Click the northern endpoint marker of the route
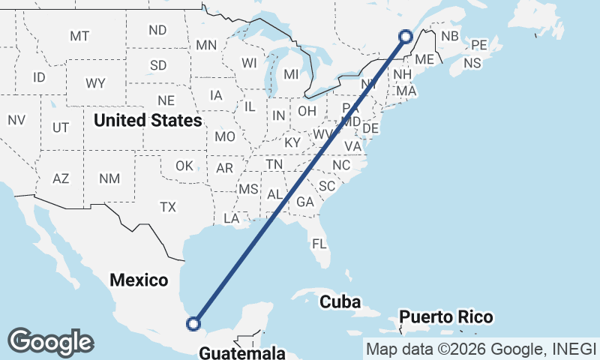pyautogui.click(x=406, y=36)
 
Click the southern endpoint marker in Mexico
pyautogui.click(x=193, y=324)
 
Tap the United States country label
pyautogui.click(x=148, y=120)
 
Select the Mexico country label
pyautogui.click(x=139, y=280)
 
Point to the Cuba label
pyautogui.click(x=340, y=302)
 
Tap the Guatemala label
pyautogui.click(x=243, y=352)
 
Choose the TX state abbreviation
pyautogui.click(x=168, y=206)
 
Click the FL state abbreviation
pyautogui.click(x=319, y=244)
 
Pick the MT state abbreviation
pyautogui.click(x=79, y=36)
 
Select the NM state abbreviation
pyautogui.click(x=109, y=178)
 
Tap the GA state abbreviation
pyautogui.click(x=304, y=202)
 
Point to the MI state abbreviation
pyautogui.click(x=291, y=74)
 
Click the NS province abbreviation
pyautogui.click(x=472, y=64)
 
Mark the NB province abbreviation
pyautogui.click(x=449, y=36)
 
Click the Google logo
pyautogui.click(x=50, y=341)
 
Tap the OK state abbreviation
pyautogui.click(x=184, y=166)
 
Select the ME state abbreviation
pyautogui.click(x=424, y=59)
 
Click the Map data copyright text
pyautogui.click(x=480, y=348)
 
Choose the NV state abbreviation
pyautogui.click(x=16, y=120)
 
